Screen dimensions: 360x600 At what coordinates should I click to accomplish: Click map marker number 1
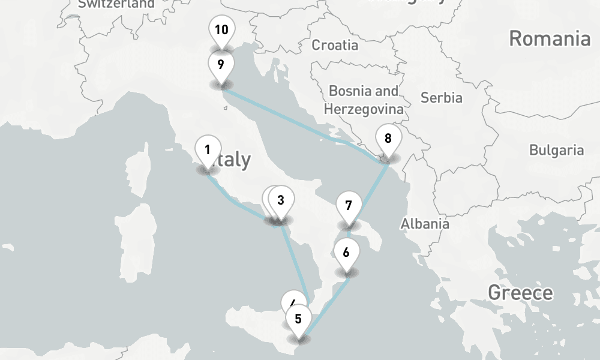208,151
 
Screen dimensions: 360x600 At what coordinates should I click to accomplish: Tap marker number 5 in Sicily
298,319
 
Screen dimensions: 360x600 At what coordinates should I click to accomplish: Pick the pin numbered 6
346,252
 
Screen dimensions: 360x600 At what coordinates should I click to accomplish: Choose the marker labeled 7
349,205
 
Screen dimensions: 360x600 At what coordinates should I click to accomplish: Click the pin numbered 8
388,139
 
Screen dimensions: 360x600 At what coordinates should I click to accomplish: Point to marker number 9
221,64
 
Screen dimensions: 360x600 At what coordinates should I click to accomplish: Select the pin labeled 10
221,29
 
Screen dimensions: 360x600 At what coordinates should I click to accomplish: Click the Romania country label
550,39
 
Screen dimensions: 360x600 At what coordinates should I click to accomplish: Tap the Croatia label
335,45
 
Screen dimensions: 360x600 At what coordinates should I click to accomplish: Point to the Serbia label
441,97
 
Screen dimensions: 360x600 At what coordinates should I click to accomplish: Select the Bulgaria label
556,150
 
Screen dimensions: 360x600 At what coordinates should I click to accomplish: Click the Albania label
425,224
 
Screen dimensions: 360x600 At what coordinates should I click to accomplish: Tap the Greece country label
520,293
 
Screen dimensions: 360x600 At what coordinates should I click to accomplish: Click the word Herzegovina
363,109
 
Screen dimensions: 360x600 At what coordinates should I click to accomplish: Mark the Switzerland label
116,4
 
